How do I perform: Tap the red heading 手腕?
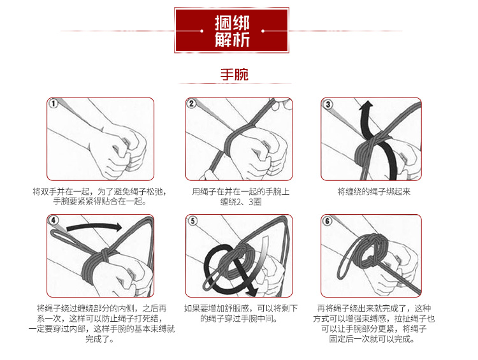pyautogui.click(x=234, y=75)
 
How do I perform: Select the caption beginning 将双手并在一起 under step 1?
pyautogui.click(x=99, y=196)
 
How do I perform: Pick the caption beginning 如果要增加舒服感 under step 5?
pyautogui.click(x=239, y=313)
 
